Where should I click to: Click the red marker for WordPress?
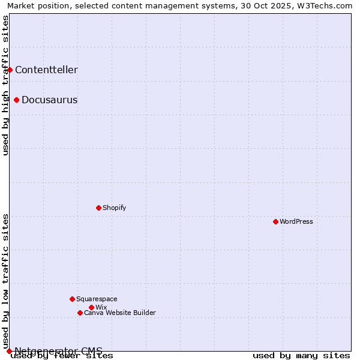point(275,221)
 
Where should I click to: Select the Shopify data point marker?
point(98,208)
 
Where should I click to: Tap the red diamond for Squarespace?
point(72,299)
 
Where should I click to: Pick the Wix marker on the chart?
point(91,307)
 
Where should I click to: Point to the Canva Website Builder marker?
point(80,313)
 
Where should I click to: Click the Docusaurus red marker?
point(16,100)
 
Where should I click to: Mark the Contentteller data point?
point(10,70)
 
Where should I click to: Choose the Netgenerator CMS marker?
point(9,351)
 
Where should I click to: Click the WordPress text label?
point(296,221)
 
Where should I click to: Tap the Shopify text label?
point(115,208)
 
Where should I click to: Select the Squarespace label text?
point(97,299)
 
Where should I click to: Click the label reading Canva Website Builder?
point(120,313)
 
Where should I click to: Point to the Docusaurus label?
point(49,100)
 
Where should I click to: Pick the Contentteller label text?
point(46,70)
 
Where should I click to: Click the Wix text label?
point(101,307)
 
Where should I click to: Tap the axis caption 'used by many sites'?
point(301,355)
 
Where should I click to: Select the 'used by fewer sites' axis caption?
point(62,355)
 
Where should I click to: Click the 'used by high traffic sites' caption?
point(5,85)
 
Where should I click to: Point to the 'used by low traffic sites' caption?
point(5,281)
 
